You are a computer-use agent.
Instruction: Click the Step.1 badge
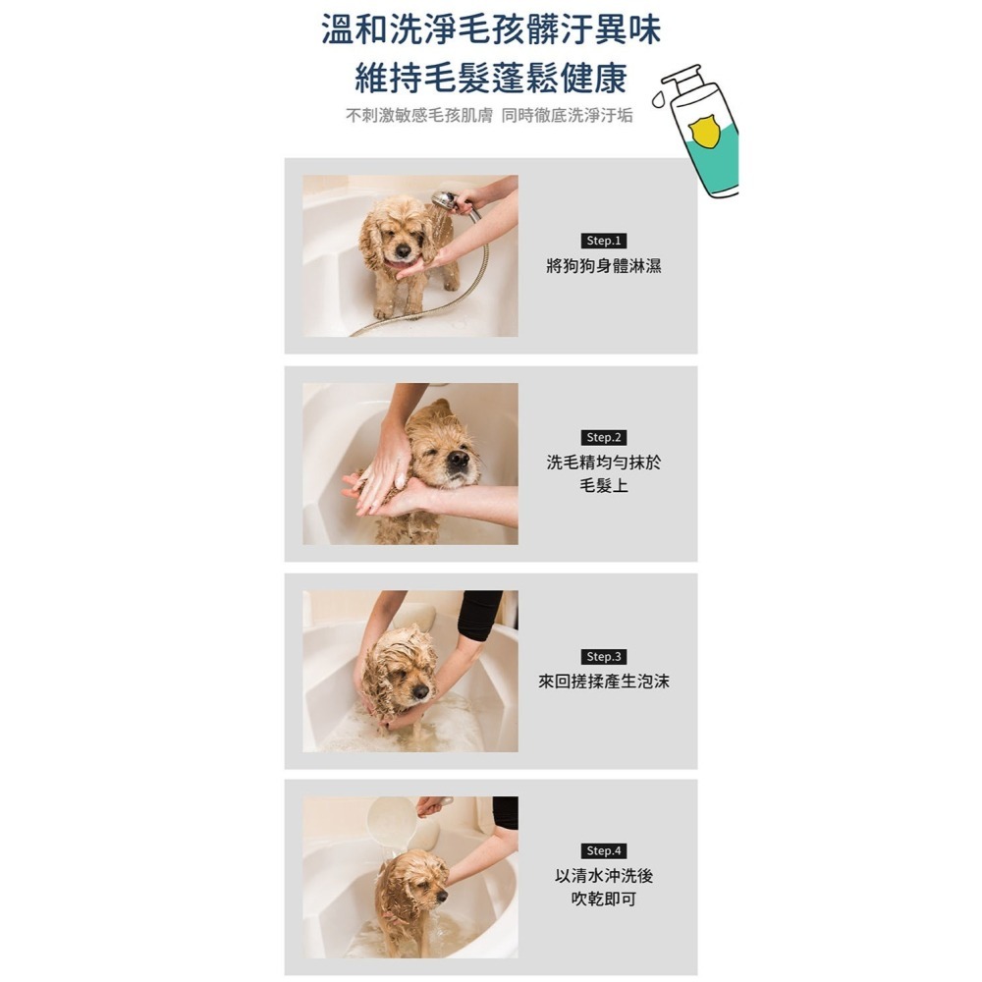[x=603, y=241]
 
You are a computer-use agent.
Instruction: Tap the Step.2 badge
[x=603, y=437]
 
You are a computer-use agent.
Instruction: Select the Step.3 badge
[x=603, y=656]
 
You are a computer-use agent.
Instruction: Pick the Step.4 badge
[x=603, y=850]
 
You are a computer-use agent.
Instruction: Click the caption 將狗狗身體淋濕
[x=603, y=265]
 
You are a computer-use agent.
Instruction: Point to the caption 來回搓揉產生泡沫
[x=603, y=681]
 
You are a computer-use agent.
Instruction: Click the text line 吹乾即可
[x=603, y=899]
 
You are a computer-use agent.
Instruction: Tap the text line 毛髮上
[x=603, y=486]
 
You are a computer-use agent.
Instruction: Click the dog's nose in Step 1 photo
[x=403, y=251]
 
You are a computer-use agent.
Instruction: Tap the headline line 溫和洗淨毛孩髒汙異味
[x=490, y=28]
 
